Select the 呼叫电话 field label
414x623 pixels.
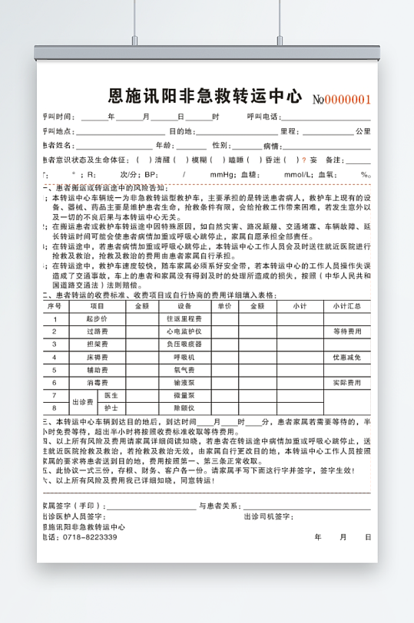pyautogui.click(x=263, y=117)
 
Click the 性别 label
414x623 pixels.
pyautogui.click(x=220, y=145)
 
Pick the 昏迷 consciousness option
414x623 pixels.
pyautogui.click(x=273, y=160)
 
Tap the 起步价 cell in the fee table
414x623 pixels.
pyautogui.click(x=97, y=297)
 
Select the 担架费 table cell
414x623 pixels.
pyautogui.click(x=97, y=323)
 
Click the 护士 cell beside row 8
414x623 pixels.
pyautogui.click(x=111, y=407)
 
